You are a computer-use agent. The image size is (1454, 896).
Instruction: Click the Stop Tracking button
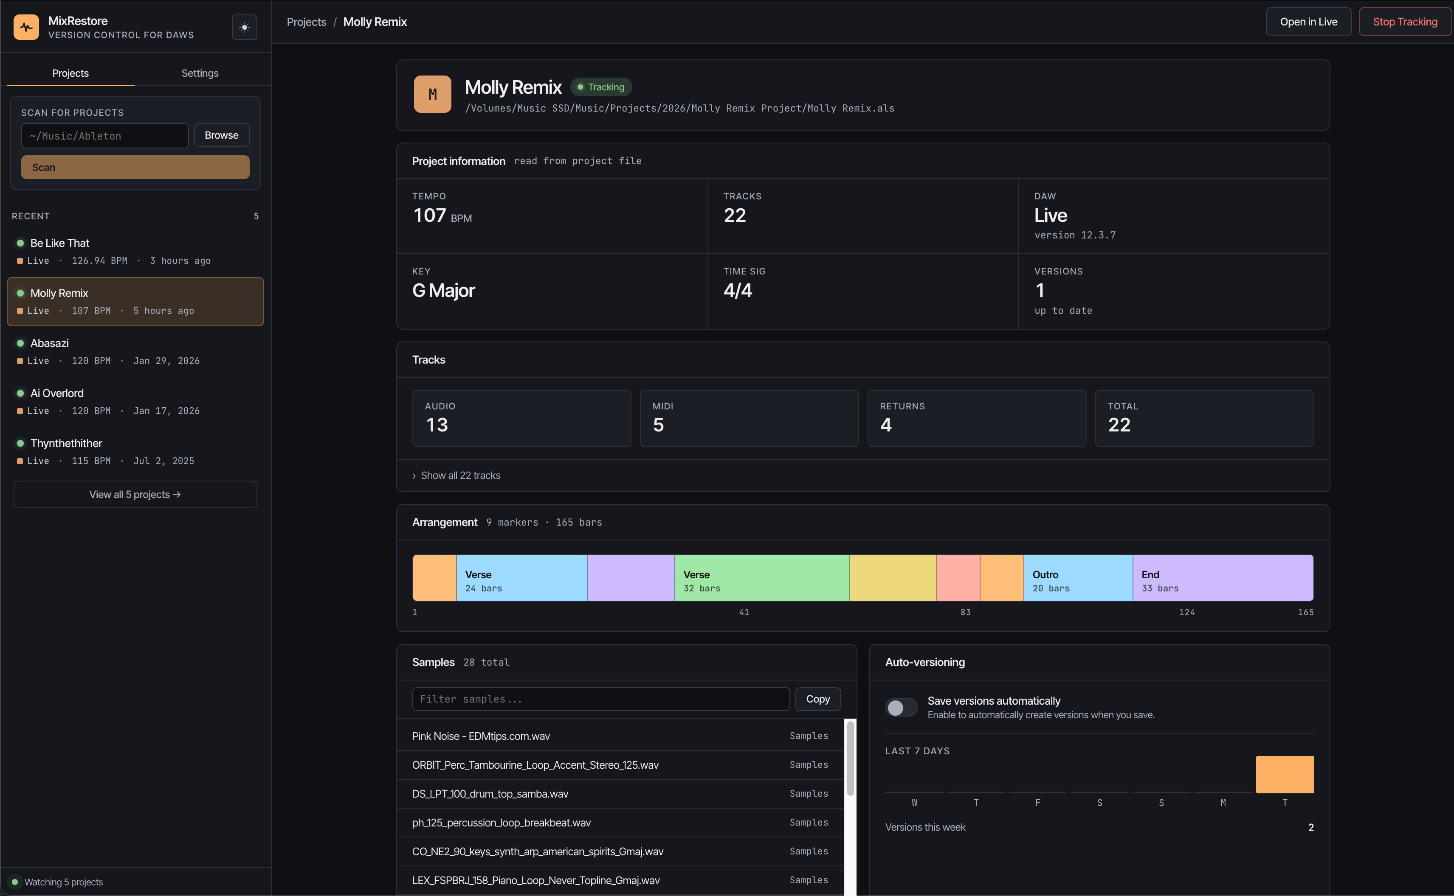[1404, 22]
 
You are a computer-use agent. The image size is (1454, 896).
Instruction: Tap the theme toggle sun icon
[244, 27]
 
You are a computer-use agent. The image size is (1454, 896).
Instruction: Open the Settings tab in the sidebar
[200, 73]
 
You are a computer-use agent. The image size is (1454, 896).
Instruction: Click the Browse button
[221, 135]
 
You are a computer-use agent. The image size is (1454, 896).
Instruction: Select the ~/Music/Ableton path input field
[105, 136]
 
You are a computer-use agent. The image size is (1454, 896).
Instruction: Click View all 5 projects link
[135, 494]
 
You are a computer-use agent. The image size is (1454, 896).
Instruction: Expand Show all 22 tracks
[460, 475]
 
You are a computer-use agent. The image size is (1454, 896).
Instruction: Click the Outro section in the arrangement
[1077, 578]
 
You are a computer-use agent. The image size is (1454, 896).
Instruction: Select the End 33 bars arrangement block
[1222, 578]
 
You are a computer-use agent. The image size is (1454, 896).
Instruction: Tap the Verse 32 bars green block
[761, 578]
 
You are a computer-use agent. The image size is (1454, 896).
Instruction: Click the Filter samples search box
[600, 699]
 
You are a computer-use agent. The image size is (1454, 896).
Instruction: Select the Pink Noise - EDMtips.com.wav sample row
[620, 736]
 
